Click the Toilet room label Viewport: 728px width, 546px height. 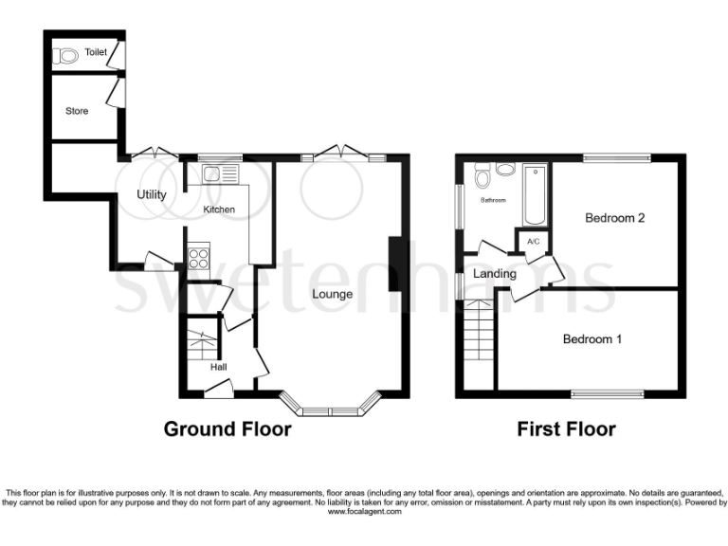click(x=95, y=52)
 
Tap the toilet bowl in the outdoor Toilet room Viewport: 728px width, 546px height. click(x=65, y=56)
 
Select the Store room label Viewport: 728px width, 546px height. click(x=77, y=111)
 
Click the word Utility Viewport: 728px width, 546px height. click(x=152, y=195)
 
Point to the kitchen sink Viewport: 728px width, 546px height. click(x=213, y=173)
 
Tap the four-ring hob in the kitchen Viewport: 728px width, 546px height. click(x=199, y=256)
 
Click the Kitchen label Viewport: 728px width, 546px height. click(x=219, y=209)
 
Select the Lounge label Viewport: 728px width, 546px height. click(x=333, y=294)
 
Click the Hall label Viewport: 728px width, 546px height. click(x=218, y=367)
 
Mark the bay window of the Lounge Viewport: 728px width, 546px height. click(x=331, y=409)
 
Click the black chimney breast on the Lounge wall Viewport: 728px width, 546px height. click(x=398, y=274)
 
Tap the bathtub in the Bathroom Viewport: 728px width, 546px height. click(x=535, y=194)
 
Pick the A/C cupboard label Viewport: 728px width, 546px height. click(x=533, y=242)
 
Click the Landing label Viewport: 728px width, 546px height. click(x=496, y=274)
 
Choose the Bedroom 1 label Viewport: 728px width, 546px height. click(x=592, y=339)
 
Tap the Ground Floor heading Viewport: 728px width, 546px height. click(x=227, y=429)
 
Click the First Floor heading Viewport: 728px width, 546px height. click(x=566, y=429)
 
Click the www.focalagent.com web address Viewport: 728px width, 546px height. click(x=364, y=511)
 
